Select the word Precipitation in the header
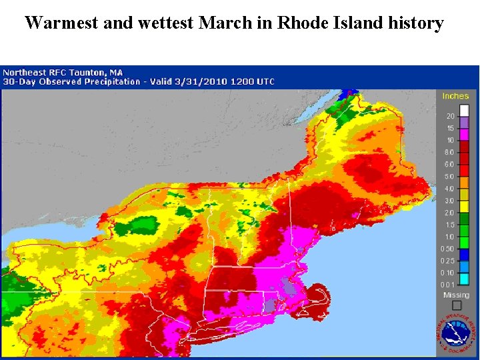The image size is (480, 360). coord(106,81)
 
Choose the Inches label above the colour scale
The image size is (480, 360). coord(455,96)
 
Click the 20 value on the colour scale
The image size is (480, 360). coord(450,117)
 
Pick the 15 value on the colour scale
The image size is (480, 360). coord(450,129)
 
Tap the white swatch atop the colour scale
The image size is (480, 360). coord(465,111)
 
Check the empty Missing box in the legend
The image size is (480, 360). coord(457,305)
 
